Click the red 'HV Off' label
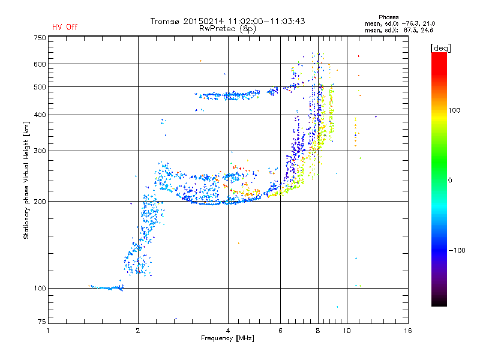click(65, 27)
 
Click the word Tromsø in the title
click(165, 21)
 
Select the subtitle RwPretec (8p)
click(227, 29)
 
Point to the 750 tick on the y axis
click(40, 38)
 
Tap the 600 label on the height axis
click(40, 64)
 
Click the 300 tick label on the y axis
click(40, 151)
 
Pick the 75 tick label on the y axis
click(42, 322)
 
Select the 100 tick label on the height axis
click(40, 289)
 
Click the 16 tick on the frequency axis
click(408, 331)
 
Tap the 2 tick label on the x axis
click(138, 331)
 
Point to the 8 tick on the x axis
click(318, 331)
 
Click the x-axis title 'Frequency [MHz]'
click(227, 338)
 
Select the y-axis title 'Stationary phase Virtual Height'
click(26, 181)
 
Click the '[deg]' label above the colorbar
click(440, 48)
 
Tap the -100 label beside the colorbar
click(457, 250)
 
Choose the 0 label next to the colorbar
click(450, 181)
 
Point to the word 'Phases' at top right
click(388, 17)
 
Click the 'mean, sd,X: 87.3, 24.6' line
click(399, 31)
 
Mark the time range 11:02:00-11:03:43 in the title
click(266, 21)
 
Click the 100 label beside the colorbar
click(454, 110)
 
